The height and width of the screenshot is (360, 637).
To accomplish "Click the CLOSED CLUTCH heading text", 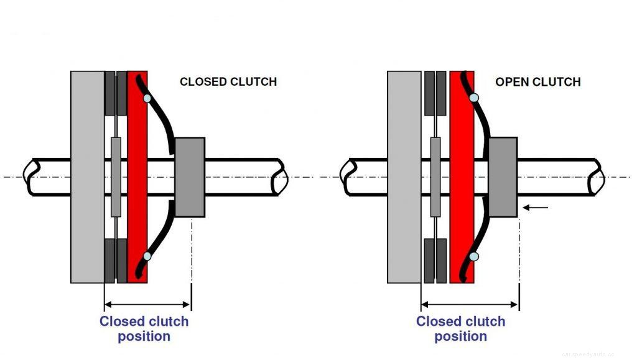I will coord(228,81).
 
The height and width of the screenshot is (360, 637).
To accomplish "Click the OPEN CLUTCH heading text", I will coord(537,81).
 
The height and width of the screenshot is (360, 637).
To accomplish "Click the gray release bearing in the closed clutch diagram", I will coord(190,177).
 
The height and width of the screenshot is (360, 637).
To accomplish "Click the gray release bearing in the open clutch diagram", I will coord(503,177).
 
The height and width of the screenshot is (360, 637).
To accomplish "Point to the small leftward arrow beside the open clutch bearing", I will coord(536,208).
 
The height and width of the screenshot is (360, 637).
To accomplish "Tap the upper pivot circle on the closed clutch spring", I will coord(147,98).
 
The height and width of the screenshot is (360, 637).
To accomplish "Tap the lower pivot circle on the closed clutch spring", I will coord(147,256).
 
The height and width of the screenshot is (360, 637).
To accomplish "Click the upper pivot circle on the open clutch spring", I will coord(474,98).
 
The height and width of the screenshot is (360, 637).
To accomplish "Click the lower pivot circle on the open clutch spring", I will coord(474,256).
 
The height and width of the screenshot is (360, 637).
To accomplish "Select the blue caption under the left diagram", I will coord(144,329).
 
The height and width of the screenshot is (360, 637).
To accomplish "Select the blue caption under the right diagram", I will coord(460,329).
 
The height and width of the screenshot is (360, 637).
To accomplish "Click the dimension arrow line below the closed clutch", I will coord(147,305).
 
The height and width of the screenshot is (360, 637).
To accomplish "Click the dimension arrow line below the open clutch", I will coord(470,305).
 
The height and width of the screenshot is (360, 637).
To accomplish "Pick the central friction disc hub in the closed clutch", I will coord(116,177).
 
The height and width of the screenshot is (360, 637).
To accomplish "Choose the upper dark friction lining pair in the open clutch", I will coord(435,93).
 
